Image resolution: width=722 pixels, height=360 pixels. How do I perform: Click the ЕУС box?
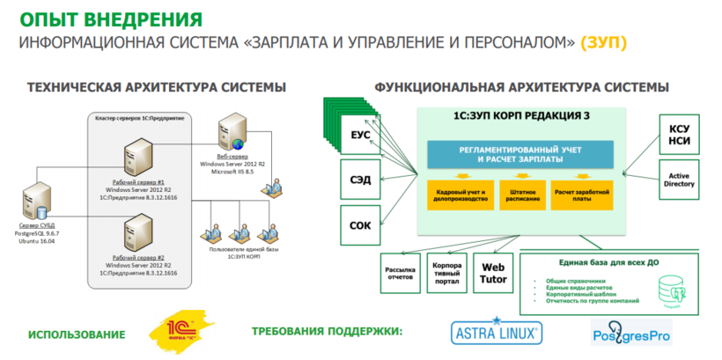click(360, 137)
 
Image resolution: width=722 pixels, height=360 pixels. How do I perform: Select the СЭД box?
click(360, 180)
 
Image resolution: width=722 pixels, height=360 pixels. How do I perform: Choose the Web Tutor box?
click(491, 274)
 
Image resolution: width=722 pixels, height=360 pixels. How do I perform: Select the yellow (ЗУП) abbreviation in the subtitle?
click(606, 42)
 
